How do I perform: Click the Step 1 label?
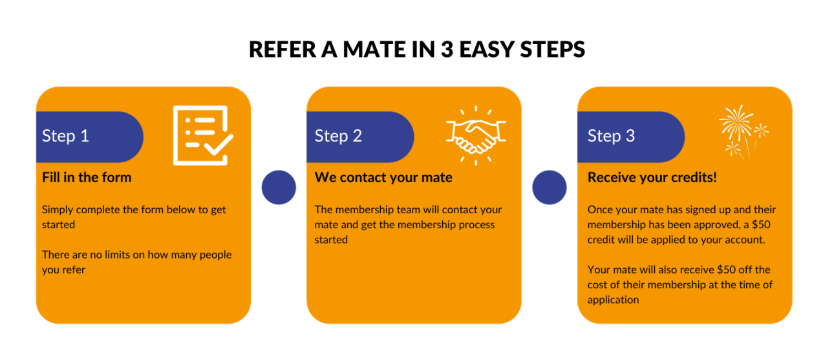click(x=65, y=136)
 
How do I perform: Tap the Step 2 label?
click(x=338, y=136)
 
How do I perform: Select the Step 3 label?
click(x=611, y=136)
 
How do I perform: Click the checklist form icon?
click(x=202, y=135)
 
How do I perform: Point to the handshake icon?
click(x=475, y=134)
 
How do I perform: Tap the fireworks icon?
click(x=742, y=132)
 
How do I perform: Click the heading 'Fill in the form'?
click(x=87, y=177)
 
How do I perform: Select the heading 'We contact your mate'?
click(x=383, y=177)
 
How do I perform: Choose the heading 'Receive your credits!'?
click(x=652, y=177)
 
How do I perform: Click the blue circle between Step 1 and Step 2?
click(x=279, y=188)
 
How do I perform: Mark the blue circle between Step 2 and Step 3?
click(x=550, y=188)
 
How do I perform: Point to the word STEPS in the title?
click(x=555, y=50)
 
